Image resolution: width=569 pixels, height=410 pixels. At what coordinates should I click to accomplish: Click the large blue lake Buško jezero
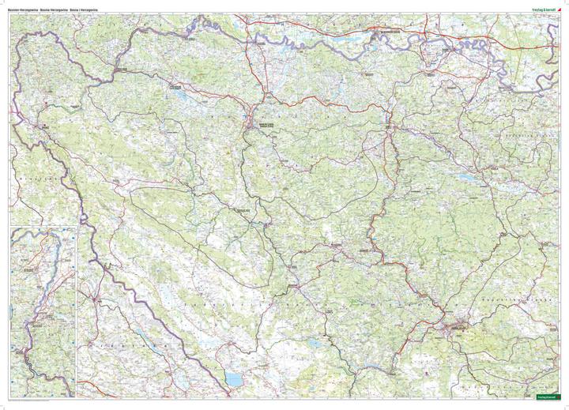(235, 379)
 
